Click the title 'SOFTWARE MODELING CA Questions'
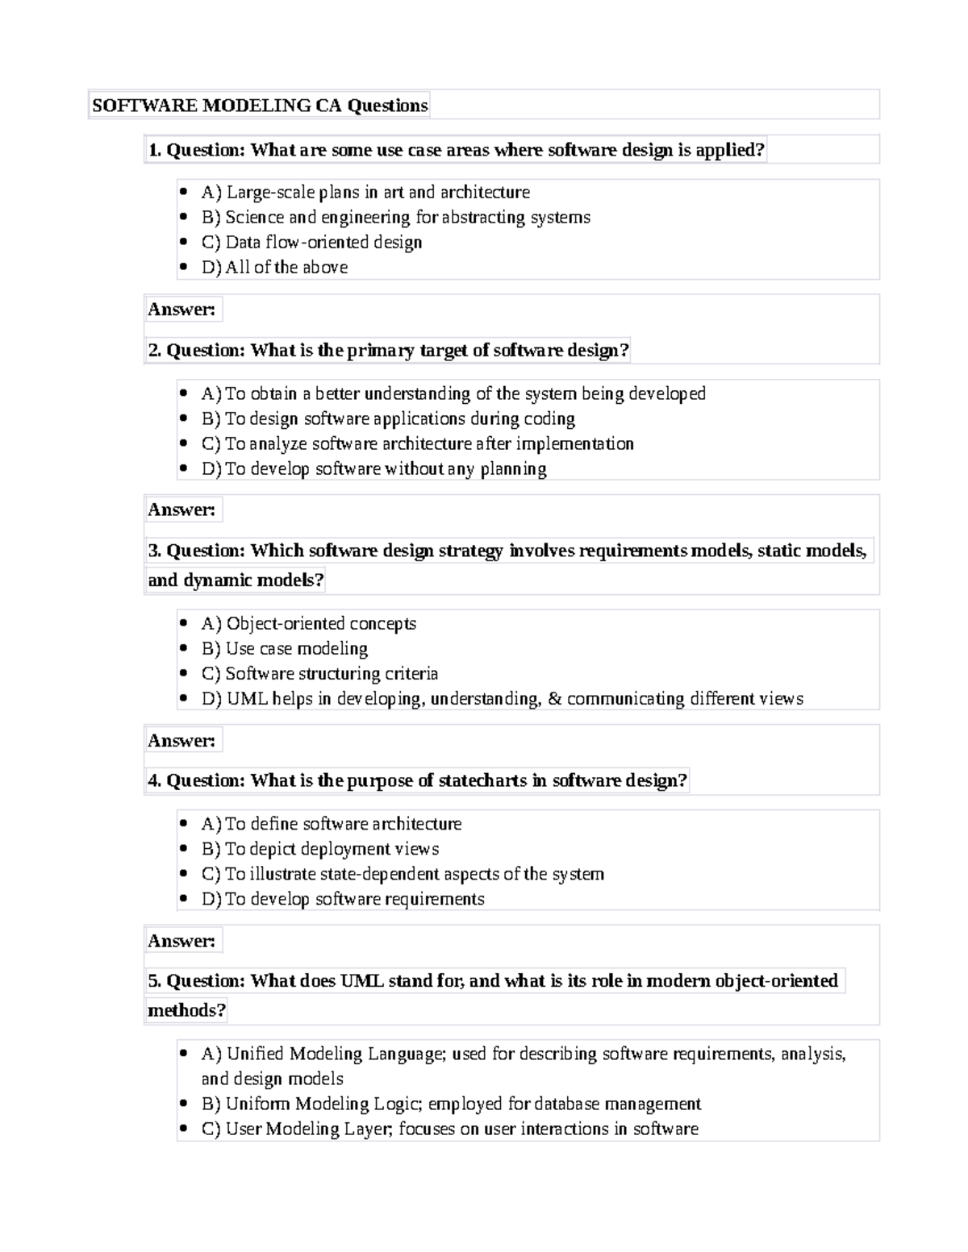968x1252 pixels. (259, 106)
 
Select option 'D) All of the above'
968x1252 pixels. (274, 268)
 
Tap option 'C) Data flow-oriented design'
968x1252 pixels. (311, 243)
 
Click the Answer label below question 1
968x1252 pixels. (181, 310)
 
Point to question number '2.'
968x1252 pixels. (155, 351)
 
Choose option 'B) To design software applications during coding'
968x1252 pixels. (388, 419)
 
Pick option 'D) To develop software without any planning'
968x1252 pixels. (373, 469)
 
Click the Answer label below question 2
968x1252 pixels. (181, 510)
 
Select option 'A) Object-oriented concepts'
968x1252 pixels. (309, 624)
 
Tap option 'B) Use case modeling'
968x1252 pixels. (285, 649)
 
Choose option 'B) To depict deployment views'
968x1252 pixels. (320, 849)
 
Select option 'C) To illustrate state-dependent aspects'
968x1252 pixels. (403, 874)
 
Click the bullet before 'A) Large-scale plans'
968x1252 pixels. (185, 193)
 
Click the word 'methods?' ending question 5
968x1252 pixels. (186, 1011)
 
